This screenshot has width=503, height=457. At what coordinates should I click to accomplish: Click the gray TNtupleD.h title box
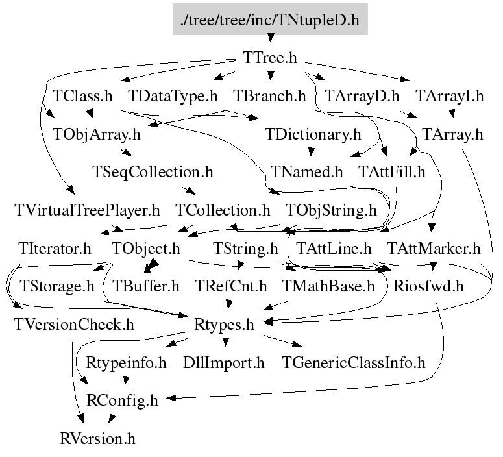[x=270, y=20]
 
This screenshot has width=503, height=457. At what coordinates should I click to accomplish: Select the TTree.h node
[x=270, y=58]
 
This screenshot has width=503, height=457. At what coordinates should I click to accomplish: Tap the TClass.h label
[x=81, y=96]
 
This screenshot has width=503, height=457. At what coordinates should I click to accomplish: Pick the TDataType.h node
[x=173, y=96]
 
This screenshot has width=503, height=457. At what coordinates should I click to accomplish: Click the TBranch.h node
[x=269, y=96]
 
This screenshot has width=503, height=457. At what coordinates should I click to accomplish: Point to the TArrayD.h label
[x=362, y=96]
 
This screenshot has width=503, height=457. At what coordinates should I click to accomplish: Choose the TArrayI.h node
[x=450, y=96]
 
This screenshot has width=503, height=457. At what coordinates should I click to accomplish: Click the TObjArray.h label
[x=96, y=134]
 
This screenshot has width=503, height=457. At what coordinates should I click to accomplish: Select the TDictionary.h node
[x=313, y=134]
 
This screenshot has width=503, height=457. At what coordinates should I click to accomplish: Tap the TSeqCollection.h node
[x=153, y=172]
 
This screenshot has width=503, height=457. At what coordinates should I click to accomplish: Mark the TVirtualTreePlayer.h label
[x=87, y=210]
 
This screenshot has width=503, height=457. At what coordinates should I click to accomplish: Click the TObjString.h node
[x=331, y=210]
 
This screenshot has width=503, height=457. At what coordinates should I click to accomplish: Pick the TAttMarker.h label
[x=434, y=248]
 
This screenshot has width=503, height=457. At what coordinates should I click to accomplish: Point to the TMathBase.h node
[x=328, y=286]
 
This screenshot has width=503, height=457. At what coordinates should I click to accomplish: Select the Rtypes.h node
[x=224, y=323]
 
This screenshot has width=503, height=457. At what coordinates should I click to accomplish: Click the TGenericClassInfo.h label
[x=353, y=362]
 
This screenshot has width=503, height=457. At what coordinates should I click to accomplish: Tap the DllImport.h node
[x=224, y=362]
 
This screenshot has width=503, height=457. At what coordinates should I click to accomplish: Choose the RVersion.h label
[x=97, y=438]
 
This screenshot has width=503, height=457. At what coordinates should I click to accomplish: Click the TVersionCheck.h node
[x=73, y=323]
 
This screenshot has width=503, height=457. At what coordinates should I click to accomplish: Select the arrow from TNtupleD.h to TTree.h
[x=270, y=40]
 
